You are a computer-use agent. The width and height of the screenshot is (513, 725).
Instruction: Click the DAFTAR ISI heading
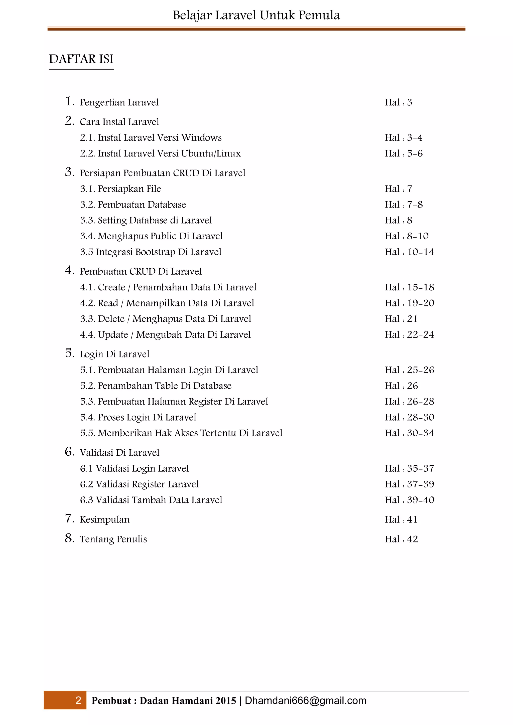(x=81, y=59)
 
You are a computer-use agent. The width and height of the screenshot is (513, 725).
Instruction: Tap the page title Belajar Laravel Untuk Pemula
(x=256, y=15)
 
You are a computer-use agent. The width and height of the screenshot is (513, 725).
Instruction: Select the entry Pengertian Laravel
(x=119, y=102)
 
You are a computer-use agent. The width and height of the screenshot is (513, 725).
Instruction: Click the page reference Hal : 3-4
(x=403, y=138)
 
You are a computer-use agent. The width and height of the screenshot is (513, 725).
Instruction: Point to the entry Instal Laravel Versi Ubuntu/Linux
(x=169, y=153)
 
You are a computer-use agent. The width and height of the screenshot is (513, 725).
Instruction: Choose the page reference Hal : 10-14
(x=409, y=252)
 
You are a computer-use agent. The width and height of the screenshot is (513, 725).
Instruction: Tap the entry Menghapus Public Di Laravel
(x=160, y=236)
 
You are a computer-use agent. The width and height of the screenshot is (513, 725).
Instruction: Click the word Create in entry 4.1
(x=111, y=287)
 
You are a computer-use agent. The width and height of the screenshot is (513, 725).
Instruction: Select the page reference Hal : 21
(x=401, y=319)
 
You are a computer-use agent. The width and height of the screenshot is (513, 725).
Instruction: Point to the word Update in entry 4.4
(x=113, y=335)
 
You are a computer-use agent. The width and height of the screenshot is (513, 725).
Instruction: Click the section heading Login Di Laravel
(x=114, y=354)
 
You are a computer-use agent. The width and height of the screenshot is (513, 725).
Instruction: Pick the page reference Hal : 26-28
(x=409, y=402)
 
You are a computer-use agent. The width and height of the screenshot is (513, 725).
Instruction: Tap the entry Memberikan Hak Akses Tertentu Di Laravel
(x=190, y=433)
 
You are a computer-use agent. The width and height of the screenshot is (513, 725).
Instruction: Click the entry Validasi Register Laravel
(x=147, y=484)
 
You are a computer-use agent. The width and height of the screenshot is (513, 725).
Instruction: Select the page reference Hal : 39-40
(x=409, y=500)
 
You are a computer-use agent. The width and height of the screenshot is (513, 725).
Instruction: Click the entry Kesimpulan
(x=104, y=520)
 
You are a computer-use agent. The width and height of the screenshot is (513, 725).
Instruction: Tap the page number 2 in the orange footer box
(x=78, y=700)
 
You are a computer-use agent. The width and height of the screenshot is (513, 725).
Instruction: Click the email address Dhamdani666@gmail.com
(x=305, y=700)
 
